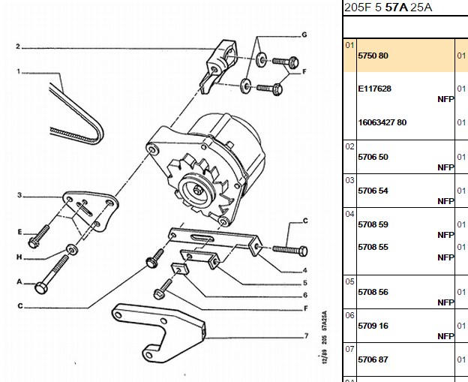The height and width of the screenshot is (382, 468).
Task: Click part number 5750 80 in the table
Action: [373, 56]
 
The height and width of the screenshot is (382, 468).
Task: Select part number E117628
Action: [374, 89]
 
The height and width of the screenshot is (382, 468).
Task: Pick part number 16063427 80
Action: [382, 122]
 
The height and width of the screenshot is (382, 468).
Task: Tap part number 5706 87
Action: [373, 359]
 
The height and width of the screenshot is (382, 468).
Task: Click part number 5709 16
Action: [373, 326]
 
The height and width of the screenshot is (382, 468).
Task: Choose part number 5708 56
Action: [373, 292]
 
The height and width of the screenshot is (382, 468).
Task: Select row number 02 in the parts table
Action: [349, 146]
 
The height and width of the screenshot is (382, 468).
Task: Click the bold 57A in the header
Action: [396, 8]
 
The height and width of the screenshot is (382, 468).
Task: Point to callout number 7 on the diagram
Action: [306, 336]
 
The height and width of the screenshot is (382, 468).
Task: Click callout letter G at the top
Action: [304, 35]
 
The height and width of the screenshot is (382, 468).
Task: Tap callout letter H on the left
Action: [19, 257]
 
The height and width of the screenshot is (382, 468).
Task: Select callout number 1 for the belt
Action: [19, 72]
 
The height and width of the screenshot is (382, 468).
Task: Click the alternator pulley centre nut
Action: [197, 190]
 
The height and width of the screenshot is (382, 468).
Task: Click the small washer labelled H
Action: [72, 250]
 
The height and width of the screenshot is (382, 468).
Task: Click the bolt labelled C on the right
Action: [290, 250]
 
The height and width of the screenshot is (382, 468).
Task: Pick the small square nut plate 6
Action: [180, 269]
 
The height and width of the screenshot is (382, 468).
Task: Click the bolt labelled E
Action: [39, 236]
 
